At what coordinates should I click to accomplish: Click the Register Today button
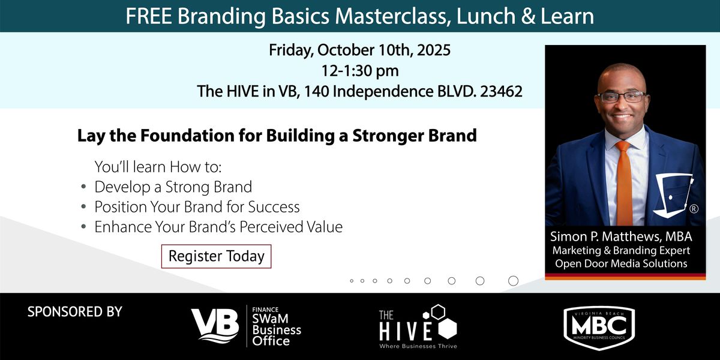click(x=217, y=256)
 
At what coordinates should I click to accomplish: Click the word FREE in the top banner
click(x=149, y=16)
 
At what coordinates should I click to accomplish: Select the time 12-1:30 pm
click(x=360, y=71)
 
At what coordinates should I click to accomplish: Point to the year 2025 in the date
click(x=434, y=50)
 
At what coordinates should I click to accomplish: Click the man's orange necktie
click(x=624, y=183)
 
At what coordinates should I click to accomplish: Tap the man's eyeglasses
click(x=622, y=97)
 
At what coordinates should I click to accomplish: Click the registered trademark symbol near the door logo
click(x=694, y=209)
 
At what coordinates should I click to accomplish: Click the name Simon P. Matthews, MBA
click(x=621, y=236)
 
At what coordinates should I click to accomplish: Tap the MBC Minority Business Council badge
click(x=599, y=327)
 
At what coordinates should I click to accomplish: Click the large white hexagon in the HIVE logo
click(x=448, y=329)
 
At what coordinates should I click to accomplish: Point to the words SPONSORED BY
click(x=75, y=312)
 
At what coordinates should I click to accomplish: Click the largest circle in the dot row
click(x=514, y=281)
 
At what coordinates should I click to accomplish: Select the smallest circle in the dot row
click(x=352, y=281)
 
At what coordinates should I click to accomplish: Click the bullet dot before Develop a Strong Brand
click(x=83, y=187)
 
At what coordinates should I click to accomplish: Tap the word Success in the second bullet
click(x=274, y=206)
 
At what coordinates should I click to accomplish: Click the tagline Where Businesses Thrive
click(x=418, y=346)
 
